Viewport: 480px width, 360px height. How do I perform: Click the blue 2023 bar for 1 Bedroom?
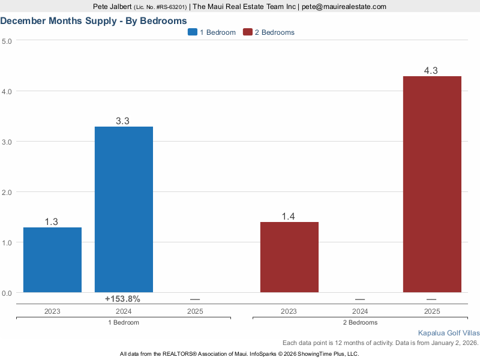(x=52, y=260)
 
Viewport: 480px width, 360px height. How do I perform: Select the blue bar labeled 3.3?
(x=124, y=209)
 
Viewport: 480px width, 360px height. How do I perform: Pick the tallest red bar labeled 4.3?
(x=431, y=184)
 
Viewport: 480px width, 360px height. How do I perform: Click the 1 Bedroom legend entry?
(x=212, y=32)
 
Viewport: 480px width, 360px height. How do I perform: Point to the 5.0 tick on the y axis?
(x=7, y=41)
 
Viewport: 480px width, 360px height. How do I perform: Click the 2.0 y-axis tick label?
(x=7, y=192)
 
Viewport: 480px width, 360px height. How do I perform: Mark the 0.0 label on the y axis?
(x=7, y=293)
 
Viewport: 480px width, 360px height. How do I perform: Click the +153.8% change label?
(x=122, y=299)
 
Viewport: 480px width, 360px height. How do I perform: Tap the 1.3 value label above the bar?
(x=52, y=222)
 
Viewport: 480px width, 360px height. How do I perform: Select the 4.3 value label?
(x=431, y=71)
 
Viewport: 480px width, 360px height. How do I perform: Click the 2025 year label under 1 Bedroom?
(x=195, y=312)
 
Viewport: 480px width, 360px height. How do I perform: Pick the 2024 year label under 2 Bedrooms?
(x=360, y=312)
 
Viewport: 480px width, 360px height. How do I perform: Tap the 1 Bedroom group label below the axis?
(x=123, y=323)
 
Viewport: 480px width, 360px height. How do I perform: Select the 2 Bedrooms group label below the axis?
(x=360, y=323)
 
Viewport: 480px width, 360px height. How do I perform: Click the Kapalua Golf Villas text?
(x=448, y=332)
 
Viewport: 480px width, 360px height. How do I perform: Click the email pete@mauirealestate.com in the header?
(x=344, y=7)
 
